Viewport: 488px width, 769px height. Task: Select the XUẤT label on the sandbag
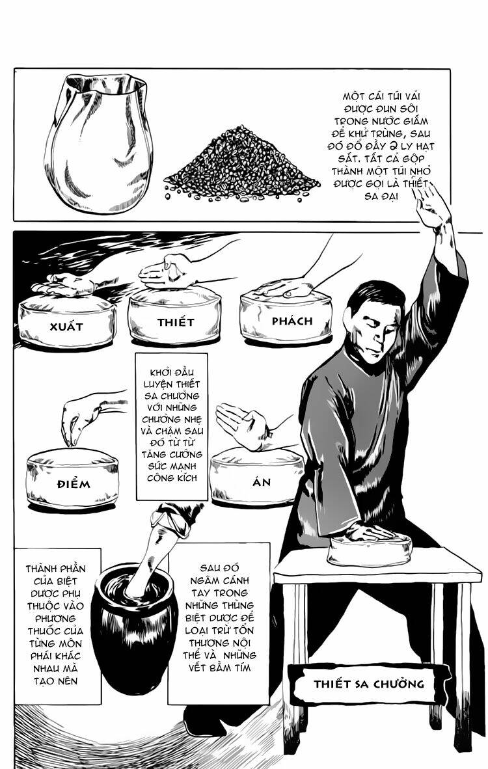click(66, 326)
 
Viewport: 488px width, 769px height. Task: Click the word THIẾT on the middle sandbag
click(176, 321)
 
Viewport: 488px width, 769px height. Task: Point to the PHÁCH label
click(292, 321)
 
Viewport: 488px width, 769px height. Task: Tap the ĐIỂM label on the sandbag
click(73, 484)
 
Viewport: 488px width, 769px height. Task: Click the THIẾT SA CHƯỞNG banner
click(368, 683)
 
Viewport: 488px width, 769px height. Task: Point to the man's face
click(368, 323)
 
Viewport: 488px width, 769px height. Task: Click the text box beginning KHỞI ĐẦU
click(171, 426)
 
